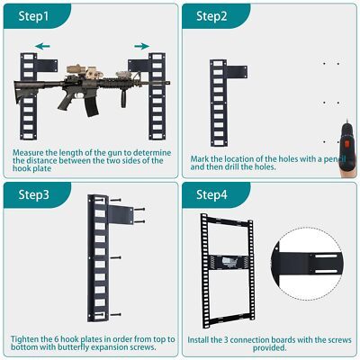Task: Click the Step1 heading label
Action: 33,16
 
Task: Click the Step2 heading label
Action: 211,16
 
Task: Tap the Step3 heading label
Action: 33,194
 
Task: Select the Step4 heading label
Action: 211,194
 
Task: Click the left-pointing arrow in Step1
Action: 42,46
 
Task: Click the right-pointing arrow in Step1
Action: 142,46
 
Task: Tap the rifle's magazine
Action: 91,106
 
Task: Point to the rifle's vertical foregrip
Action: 124,98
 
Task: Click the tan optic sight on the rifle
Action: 77,69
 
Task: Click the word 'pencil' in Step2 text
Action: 335,159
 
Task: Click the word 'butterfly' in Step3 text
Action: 74,347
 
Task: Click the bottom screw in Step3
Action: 115,315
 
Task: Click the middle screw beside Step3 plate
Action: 115,257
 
